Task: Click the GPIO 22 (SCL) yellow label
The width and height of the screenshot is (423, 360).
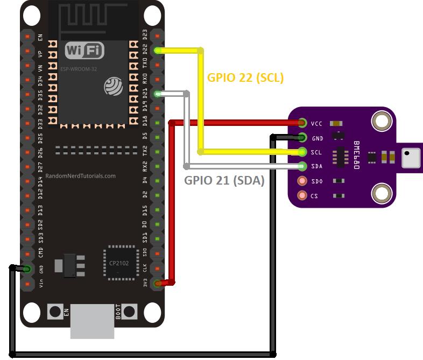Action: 245,78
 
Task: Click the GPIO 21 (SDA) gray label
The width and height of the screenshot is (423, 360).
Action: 224,181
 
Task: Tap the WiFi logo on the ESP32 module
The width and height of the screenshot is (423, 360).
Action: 84,51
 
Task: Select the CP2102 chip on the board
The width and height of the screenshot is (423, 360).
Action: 119,263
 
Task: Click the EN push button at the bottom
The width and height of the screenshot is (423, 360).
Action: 55,310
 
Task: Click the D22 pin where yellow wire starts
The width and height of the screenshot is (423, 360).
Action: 158,51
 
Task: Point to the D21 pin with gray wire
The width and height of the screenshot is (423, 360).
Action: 158,94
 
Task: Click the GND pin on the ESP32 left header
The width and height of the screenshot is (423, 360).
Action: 26,269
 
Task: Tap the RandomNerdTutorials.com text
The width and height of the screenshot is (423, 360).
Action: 81,176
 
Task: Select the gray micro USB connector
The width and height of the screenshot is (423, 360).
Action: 92,321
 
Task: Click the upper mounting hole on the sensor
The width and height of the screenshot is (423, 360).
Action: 382,122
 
